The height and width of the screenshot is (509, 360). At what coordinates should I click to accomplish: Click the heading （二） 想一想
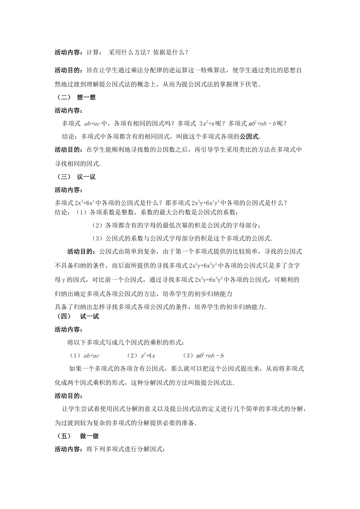pos(75,97)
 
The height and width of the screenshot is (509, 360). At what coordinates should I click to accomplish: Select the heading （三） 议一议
pos(75,177)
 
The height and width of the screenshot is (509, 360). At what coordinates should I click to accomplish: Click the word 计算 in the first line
pos(93,53)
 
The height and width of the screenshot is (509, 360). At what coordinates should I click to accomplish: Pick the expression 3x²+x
pos(207,123)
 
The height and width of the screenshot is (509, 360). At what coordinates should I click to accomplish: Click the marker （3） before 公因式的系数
pos(98,239)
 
